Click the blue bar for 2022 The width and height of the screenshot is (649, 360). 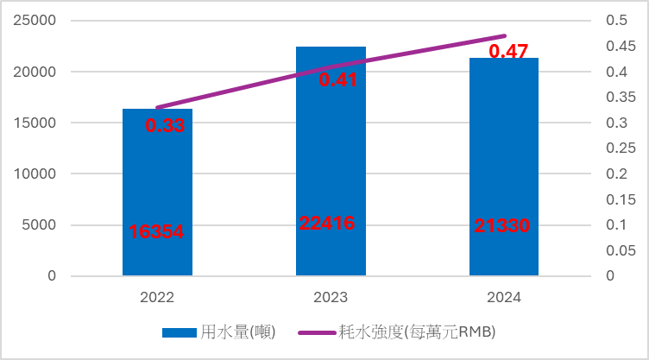click(157, 190)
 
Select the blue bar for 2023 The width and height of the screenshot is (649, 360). click(331, 164)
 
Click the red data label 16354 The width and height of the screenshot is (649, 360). click(157, 231)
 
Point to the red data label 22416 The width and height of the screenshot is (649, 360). click(326, 223)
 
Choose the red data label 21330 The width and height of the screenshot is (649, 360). click(501, 226)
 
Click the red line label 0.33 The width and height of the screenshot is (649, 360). click(165, 126)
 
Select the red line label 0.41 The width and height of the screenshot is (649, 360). click(338, 80)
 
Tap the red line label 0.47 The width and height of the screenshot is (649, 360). click(508, 52)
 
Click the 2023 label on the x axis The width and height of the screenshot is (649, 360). click(331, 298)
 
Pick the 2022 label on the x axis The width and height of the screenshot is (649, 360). click(157, 298)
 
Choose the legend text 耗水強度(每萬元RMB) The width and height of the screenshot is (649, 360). click(417, 332)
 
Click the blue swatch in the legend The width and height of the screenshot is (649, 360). click(180, 332)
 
